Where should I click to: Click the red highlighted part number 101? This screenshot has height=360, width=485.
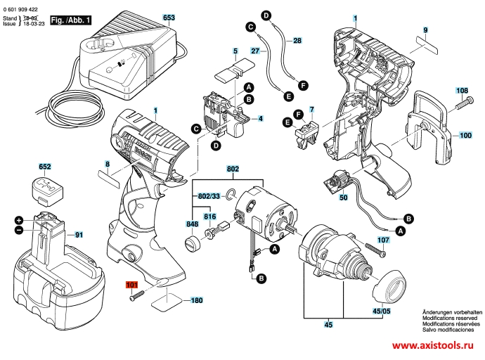tap(133, 285)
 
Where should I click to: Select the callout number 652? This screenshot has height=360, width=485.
tap(45, 167)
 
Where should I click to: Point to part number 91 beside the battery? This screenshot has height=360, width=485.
tap(79, 234)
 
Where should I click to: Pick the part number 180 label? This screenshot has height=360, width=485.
tap(197, 301)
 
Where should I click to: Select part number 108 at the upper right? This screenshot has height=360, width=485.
tap(461, 91)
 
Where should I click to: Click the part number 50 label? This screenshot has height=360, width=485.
tap(343, 199)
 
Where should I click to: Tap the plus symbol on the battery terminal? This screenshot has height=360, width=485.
tap(20, 220)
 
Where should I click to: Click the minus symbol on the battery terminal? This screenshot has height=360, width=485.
tap(20, 230)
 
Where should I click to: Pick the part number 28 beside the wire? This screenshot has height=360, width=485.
tap(297, 41)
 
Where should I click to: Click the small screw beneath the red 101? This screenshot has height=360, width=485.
tap(134, 296)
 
